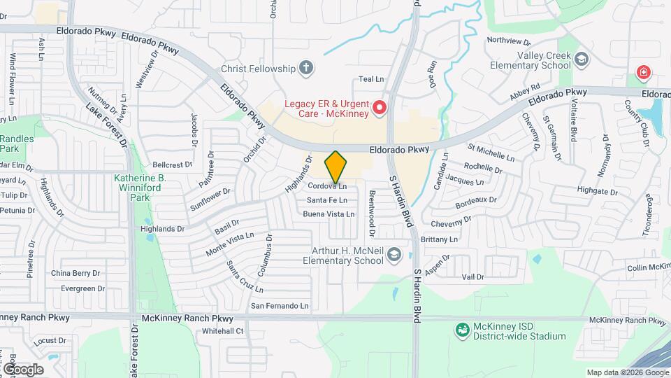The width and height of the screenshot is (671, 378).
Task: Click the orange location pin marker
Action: click(335, 167)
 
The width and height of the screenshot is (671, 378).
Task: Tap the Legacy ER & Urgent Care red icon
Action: click(380, 107)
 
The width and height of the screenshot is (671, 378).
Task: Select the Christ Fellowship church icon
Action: click(305, 68)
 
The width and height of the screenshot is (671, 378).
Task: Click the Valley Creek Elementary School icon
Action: click(582, 61)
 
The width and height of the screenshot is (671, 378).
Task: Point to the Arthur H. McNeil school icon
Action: click(394, 254)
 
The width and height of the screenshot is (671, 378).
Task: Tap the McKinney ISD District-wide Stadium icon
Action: click(461, 330)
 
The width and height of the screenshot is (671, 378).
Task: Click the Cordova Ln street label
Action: click(327, 186)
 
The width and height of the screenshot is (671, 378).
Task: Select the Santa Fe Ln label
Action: click(326, 200)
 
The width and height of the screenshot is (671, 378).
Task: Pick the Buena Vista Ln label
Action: click(329, 214)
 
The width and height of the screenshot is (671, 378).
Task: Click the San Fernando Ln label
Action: click(280, 306)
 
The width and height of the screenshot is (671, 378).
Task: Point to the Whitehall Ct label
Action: click(222, 331)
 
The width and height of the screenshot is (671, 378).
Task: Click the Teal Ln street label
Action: click(371, 80)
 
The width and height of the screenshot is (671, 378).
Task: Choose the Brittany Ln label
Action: click(439, 239)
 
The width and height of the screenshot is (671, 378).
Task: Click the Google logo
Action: click(22, 369)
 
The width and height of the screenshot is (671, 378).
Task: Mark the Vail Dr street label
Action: click(473, 277)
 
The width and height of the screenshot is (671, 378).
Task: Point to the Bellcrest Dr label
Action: click(171, 165)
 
